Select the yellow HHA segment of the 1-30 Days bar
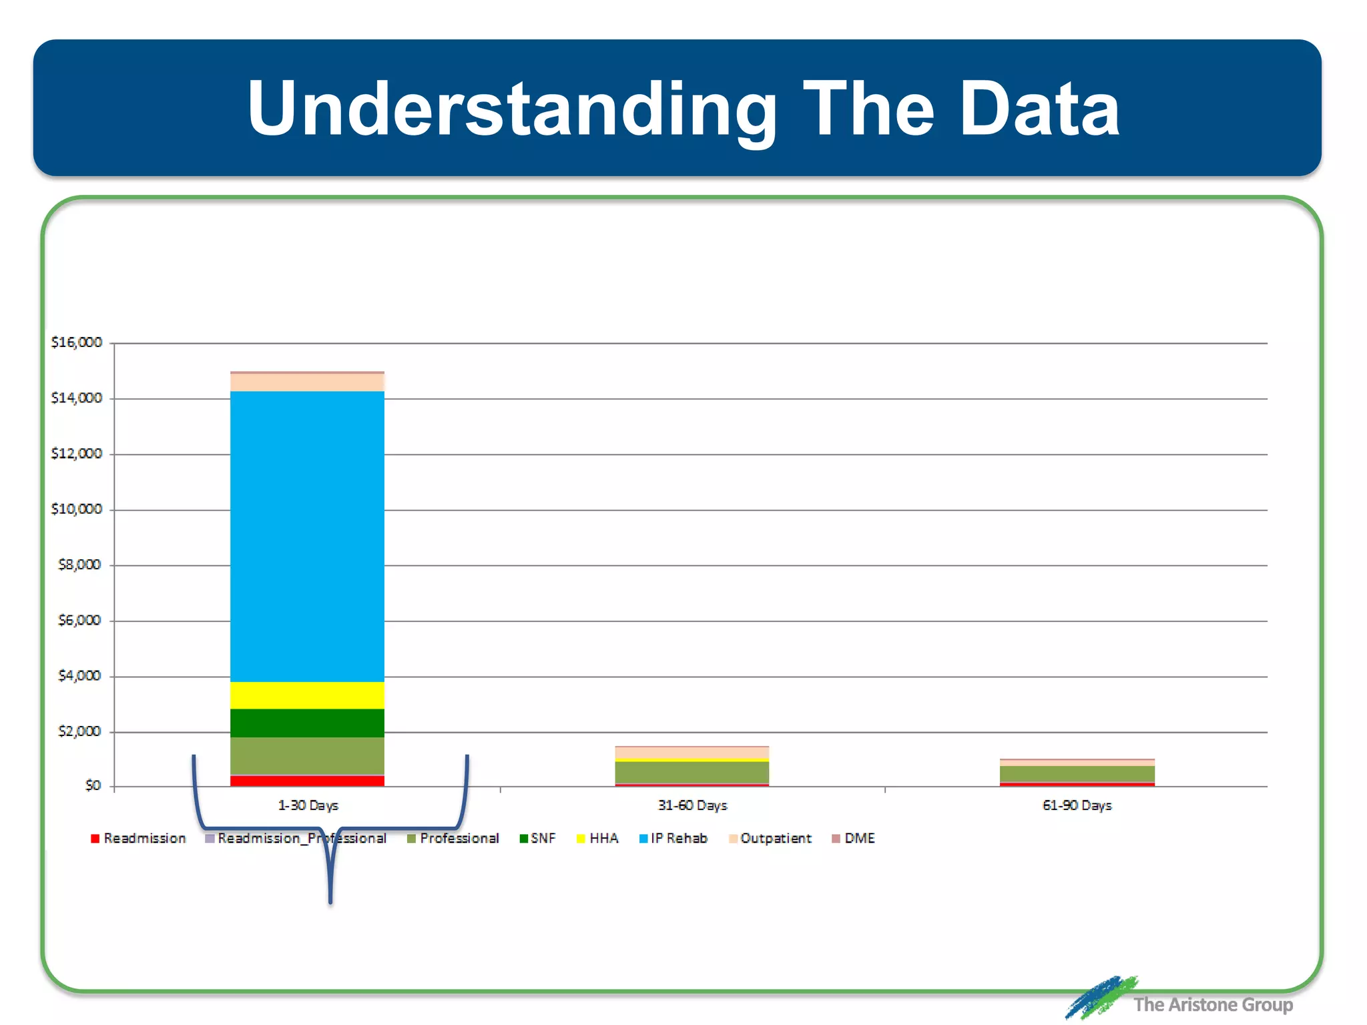coord(307,695)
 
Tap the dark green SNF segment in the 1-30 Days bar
coord(307,723)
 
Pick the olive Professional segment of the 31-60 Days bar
coord(692,772)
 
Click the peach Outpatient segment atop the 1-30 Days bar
coord(307,382)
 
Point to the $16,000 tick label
coord(77,342)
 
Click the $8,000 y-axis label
coord(79,565)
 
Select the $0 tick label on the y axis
coord(93,785)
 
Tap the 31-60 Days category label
coord(692,805)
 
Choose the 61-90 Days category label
coord(1077,805)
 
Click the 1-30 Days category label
coord(308,805)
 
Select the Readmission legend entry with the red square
coord(138,838)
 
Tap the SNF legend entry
coord(537,838)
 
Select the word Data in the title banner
coord(1039,109)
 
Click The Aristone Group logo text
coord(1212,1004)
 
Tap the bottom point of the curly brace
coord(330,902)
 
